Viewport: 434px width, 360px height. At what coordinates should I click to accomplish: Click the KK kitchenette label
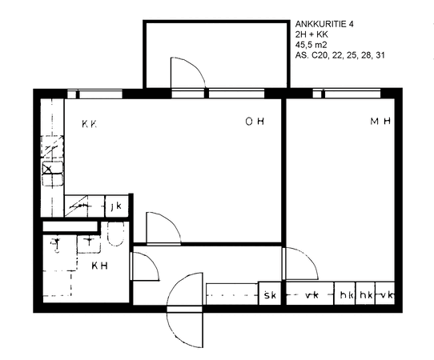[x=90, y=123]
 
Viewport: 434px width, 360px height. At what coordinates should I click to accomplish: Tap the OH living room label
[x=255, y=121]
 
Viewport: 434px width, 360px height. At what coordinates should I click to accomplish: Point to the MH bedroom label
[x=380, y=121]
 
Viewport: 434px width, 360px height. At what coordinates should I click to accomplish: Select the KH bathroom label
[x=99, y=266]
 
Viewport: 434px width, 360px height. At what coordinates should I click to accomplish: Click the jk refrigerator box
[x=117, y=206]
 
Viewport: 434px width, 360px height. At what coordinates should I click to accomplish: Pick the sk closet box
[x=270, y=294]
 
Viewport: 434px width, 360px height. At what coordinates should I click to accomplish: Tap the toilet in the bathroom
[x=115, y=234]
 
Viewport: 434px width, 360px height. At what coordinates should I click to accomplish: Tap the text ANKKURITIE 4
[x=324, y=24]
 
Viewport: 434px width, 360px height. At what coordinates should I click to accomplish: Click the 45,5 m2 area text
[x=311, y=45]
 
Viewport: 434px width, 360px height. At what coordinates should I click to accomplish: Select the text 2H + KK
[x=311, y=34]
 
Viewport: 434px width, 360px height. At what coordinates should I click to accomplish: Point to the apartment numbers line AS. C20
[x=340, y=55]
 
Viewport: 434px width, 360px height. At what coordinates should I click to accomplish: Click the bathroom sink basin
[x=89, y=244]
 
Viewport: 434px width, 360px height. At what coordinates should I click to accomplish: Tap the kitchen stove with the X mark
[x=53, y=174]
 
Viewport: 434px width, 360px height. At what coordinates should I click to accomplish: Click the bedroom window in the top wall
[x=347, y=94]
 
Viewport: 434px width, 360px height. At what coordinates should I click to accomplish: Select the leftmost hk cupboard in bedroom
[x=344, y=294]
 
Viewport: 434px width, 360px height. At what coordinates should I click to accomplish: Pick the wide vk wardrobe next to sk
[x=310, y=294]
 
